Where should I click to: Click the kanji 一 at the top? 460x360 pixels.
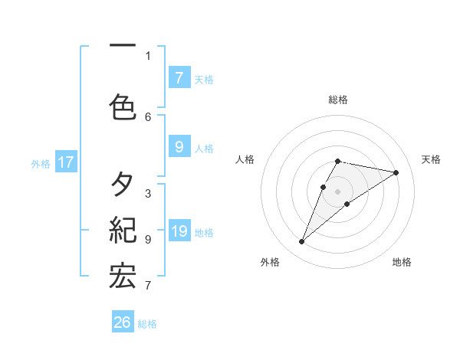pos(123,44)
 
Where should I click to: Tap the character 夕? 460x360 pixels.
pos(123,185)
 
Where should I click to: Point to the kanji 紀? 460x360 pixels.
pos(123,229)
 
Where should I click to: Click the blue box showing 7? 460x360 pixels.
pos(179,77)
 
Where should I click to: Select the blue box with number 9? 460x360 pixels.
pos(179,147)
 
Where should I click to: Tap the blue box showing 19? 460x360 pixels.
pos(179,231)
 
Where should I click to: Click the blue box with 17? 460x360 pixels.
pos(65,162)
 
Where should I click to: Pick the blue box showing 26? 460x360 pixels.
pos(123,322)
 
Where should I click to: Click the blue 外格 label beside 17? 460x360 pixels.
pos(41,162)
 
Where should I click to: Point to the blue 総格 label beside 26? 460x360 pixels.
pos(147,324)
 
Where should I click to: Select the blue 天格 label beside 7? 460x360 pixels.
pos(203,79)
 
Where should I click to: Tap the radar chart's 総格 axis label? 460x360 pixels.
pos(338,100)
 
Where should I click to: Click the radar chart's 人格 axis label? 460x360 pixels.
pos(245,159)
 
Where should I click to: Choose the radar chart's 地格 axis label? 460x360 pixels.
pos(402,262)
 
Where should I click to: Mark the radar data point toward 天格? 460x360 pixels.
pos(396,172)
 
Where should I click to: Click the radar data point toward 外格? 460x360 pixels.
pos(302,242)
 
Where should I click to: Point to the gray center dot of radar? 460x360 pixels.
pos(338,191)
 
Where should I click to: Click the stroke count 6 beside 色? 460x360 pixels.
pos(148,116)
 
